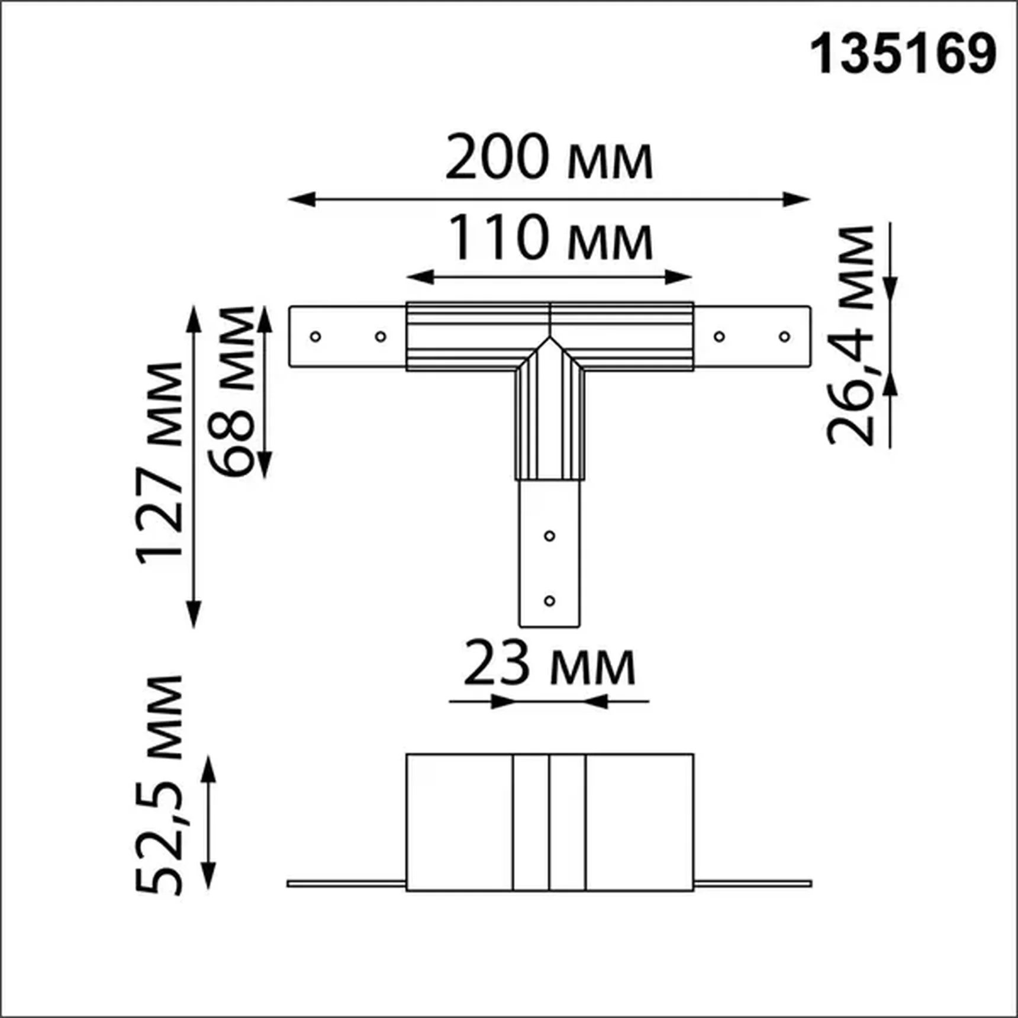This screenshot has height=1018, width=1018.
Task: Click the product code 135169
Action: pyautogui.click(x=903, y=54)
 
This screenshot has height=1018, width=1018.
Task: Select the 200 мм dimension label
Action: pyautogui.click(x=549, y=158)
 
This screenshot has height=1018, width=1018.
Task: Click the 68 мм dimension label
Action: pyautogui.click(x=232, y=392)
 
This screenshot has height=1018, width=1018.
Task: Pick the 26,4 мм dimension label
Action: pyautogui.click(x=851, y=336)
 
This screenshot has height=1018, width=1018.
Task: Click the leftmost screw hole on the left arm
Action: pyautogui.click(x=315, y=337)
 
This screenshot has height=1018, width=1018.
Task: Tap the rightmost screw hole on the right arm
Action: pyautogui.click(x=784, y=337)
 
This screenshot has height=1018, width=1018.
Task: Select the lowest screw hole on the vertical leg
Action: pyautogui.click(x=549, y=601)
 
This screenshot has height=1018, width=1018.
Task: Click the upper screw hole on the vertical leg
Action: pyautogui.click(x=549, y=536)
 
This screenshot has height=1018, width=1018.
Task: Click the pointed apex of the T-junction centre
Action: pyautogui.click(x=550, y=339)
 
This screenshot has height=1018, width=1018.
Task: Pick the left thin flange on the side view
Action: pyautogui.click(x=347, y=884)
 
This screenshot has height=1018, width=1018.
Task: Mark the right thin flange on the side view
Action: pyautogui.click(x=752, y=884)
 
